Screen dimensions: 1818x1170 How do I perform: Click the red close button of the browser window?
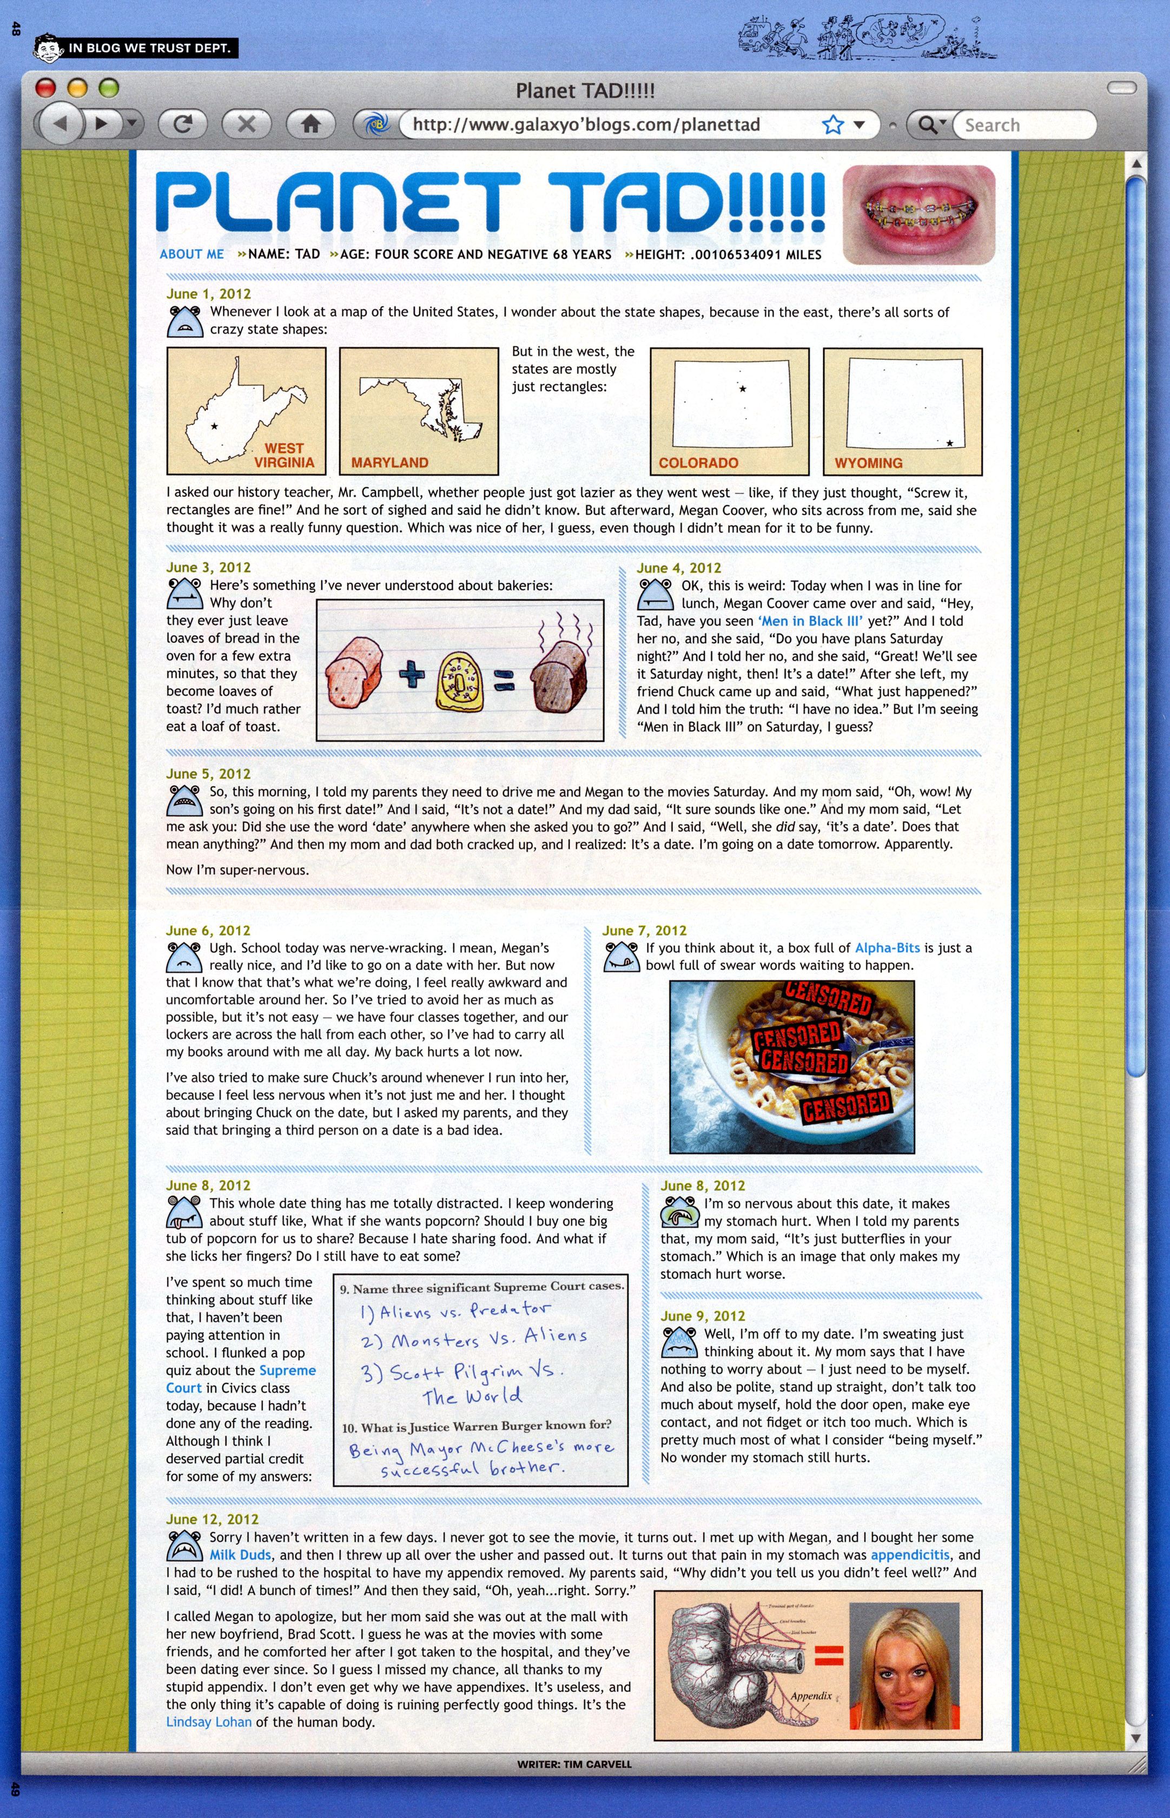point(45,88)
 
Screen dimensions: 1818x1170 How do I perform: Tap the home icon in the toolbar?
point(310,124)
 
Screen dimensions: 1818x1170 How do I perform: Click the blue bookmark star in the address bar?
point(832,124)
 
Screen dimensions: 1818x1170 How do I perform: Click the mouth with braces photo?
point(918,214)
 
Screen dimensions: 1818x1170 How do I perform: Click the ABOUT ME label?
point(191,254)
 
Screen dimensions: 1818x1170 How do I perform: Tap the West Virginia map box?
point(246,411)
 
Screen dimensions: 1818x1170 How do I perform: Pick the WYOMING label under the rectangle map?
point(868,463)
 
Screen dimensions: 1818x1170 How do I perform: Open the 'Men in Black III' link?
point(810,621)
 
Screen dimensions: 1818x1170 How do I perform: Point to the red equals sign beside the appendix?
point(829,1655)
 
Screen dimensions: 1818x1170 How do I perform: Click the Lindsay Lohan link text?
point(208,1722)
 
